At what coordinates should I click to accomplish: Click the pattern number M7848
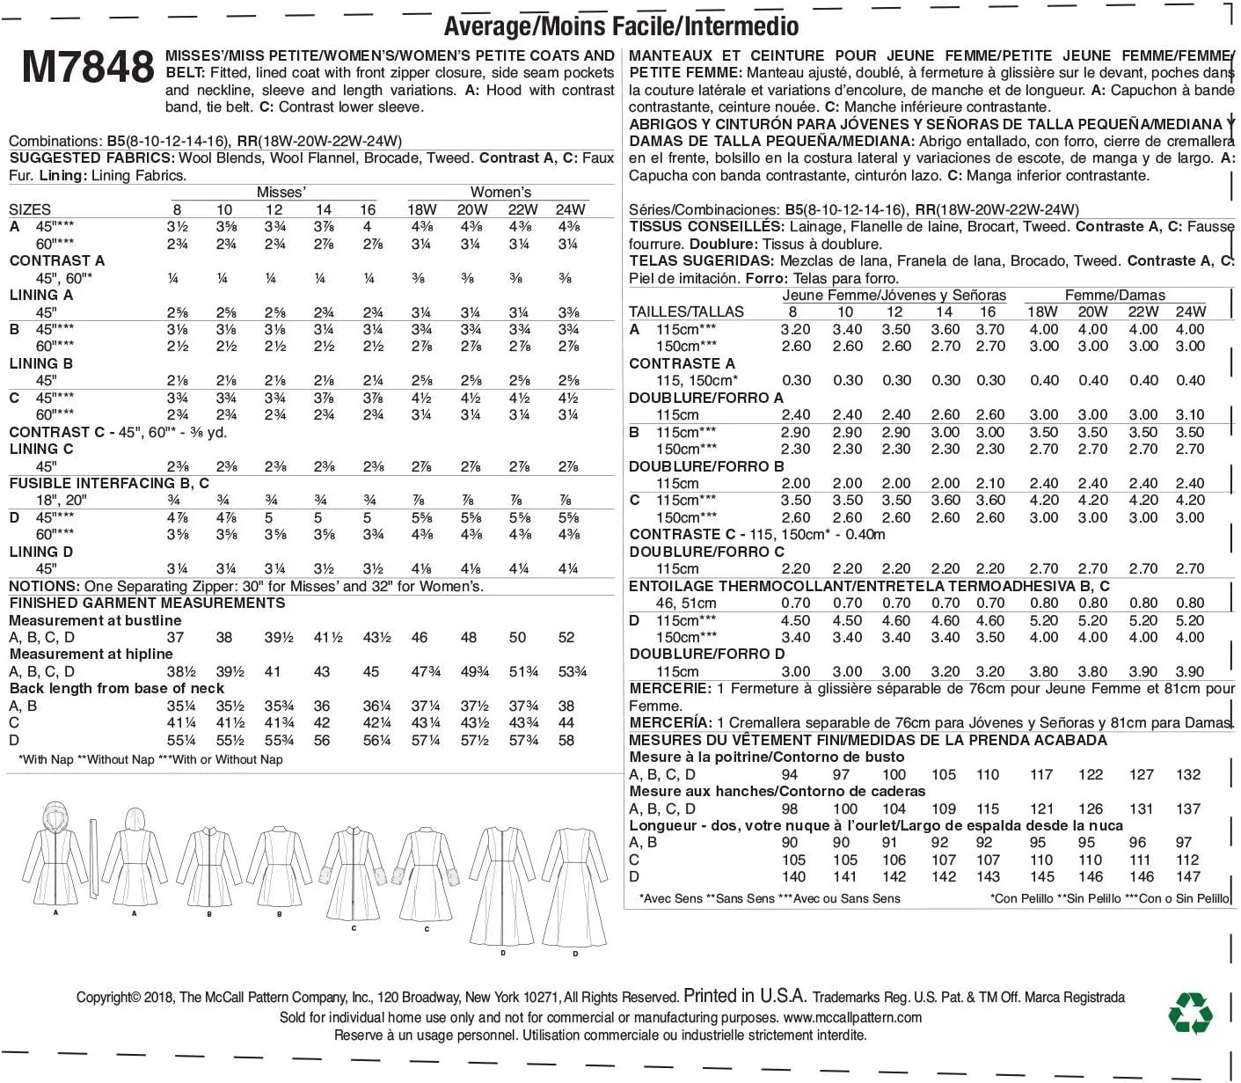(88, 69)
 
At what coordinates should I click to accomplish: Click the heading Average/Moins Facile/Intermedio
(621, 26)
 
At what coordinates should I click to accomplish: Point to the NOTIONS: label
(44, 586)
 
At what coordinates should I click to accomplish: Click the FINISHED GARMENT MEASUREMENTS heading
(147, 604)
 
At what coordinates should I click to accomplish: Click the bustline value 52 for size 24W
(566, 638)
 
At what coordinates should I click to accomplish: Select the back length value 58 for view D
(566, 741)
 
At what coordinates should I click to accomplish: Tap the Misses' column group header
(281, 192)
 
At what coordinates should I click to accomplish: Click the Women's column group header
(500, 192)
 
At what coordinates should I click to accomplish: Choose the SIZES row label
(30, 209)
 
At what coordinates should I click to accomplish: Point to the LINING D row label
(41, 552)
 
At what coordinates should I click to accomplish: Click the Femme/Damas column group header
(1114, 296)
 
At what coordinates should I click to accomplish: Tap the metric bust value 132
(1188, 775)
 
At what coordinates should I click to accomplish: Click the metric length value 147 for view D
(1188, 877)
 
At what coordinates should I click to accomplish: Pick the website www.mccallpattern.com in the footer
(852, 1018)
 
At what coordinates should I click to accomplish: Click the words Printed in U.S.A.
(745, 997)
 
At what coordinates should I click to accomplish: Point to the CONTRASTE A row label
(682, 363)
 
